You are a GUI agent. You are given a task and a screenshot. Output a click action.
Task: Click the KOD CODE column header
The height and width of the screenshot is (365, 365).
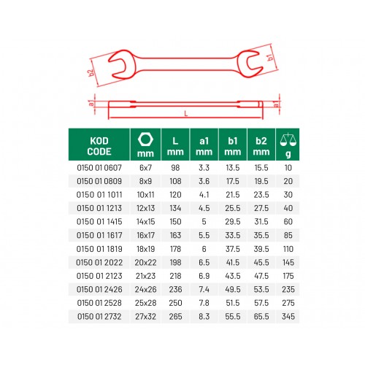coord(99,146)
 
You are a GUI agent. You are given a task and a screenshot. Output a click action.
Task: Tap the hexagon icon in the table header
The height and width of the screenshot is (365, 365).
coord(145,139)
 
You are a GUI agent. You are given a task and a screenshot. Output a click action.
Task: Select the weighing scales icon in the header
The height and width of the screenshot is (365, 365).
coord(288,139)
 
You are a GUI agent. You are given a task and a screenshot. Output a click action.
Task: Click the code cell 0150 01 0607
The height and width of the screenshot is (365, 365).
coord(99,168)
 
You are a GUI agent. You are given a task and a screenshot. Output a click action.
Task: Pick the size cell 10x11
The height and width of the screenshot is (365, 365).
coord(145,195)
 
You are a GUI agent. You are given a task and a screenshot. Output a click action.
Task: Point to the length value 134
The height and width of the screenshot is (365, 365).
coord(175,208)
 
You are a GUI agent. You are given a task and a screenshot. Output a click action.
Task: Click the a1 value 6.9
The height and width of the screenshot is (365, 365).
coord(204,276)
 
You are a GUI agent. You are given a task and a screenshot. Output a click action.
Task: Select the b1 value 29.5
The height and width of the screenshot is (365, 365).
coord(233,222)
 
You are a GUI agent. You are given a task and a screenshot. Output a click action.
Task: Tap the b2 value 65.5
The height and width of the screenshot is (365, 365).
coord(261,316)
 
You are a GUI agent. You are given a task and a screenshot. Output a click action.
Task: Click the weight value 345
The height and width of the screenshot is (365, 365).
coord(288,316)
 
